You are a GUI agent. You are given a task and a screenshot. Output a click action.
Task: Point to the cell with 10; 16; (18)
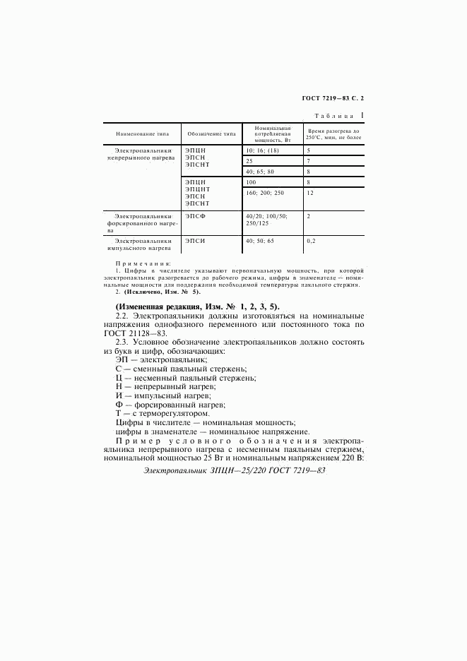click(x=260, y=150)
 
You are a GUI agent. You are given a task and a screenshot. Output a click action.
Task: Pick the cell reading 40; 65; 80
click(x=259, y=172)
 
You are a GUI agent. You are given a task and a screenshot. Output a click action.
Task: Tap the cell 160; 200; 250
click(x=264, y=193)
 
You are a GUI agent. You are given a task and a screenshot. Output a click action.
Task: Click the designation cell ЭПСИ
click(x=195, y=241)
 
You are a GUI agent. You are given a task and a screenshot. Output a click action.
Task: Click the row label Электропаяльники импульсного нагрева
click(x=139, y=244)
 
